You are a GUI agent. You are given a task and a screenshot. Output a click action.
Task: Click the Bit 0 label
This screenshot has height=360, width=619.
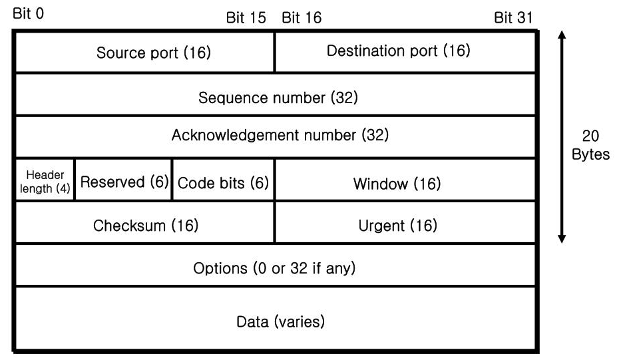point(28,14)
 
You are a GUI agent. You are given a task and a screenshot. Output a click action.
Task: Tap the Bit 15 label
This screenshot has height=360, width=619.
point(246,18)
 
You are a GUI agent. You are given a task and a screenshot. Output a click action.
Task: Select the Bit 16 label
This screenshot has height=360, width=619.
point(302,18)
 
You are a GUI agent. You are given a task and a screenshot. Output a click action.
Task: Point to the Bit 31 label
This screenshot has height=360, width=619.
point(513,18)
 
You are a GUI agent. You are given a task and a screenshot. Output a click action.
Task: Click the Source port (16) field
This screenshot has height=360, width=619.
point(145,53)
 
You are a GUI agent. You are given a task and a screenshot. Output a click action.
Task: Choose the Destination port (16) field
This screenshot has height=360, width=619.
point(405,53)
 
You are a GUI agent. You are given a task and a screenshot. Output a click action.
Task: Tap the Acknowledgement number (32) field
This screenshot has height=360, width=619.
point(275,137)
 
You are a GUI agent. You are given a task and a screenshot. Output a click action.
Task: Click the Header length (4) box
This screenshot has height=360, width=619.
point(45,180)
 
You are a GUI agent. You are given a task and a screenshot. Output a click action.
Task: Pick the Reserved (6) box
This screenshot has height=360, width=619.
point(124,180)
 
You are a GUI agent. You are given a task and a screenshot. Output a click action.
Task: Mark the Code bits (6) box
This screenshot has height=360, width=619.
point(224,180)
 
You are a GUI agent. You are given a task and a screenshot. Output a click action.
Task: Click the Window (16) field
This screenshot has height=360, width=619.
point(405,180)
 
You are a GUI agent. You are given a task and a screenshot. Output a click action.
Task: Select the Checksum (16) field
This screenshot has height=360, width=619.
point(145,222)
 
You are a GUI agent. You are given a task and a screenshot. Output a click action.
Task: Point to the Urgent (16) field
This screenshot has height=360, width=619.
point(405,222)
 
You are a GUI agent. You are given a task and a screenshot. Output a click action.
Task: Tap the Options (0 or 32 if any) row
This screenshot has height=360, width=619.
point(275,265)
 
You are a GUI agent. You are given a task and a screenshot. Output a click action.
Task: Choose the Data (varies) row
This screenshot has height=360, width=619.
point(275,319)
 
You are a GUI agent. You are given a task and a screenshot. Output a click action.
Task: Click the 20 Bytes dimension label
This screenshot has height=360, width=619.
point(590,145)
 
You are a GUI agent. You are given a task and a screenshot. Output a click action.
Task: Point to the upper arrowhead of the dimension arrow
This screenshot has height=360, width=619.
point(562,35)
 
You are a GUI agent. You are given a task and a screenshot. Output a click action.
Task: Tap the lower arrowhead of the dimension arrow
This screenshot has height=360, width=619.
point(562,239)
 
